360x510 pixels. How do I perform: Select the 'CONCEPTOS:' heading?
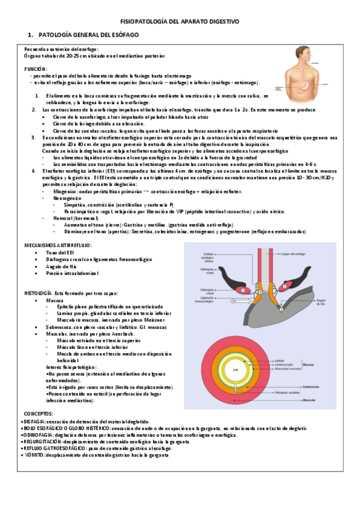click(38, 414)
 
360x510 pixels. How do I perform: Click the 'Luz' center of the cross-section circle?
click(236, 370)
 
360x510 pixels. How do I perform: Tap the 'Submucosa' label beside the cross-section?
click(311, 386)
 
